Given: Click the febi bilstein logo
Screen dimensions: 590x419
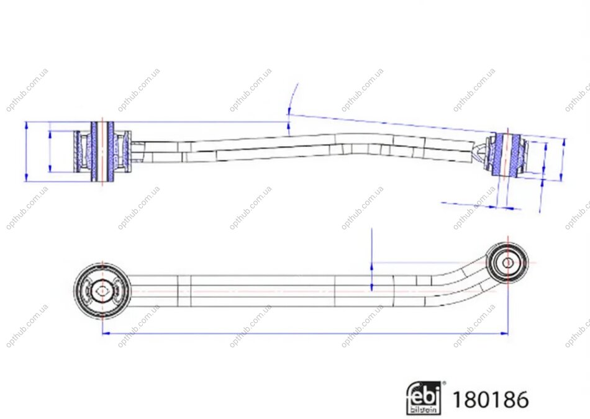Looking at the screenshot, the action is [x=424, y=399].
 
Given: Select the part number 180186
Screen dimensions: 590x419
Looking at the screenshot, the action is [x=490, y=399].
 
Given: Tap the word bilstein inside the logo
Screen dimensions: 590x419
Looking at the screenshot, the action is [x=424, y=409].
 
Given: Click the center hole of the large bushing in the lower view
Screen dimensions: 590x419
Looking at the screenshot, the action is [x=102, y=291].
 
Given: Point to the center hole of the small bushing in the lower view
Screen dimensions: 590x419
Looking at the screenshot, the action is [x=507, y=263].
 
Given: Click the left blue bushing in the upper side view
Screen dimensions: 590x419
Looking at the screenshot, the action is [x=102, y=151].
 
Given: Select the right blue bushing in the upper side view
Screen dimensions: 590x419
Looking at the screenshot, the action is [x=506, y=155].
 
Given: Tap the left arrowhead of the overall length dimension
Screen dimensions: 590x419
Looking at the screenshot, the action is [x=106, y=333].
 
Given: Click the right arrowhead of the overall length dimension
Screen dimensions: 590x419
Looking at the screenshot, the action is [x=504, y=333].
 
